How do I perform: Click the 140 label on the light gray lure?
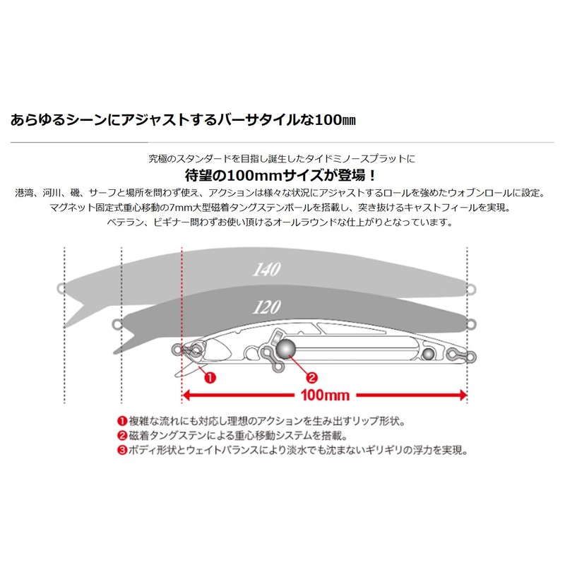pyautogui.click(x=266, y=269)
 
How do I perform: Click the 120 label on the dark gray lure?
pyautogui.click(x=267, y=307)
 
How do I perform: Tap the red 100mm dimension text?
pyautogui.click(x=325, y=395)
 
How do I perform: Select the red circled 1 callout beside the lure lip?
pyautogui.click(x=210, y=378)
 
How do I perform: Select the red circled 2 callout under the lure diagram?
pyautogui.click(x=311, y=378)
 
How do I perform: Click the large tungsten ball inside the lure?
pyautogui.click(x=286, y=348)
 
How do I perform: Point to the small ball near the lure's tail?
pyautogui.click(x=428, y=354)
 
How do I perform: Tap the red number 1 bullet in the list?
pyautogui.click(x=122, y=421)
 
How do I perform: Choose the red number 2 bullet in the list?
pyautogui.click(x=122, y=436)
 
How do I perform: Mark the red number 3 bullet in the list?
pyautogui.click(x=122, y=451)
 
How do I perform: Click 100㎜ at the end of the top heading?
pyautogui.click(x=335, y=119)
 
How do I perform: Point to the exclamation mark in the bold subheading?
pyautogui.click(x=372, y=175)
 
